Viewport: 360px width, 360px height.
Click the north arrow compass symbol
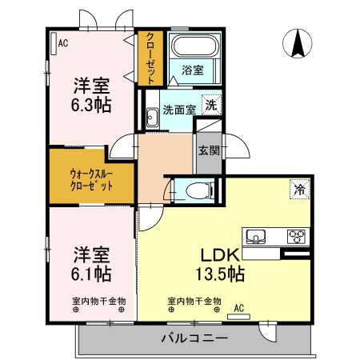click(298, 44)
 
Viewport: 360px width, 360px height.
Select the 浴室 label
click(192, 70)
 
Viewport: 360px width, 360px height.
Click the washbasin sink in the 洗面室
click(151, 118)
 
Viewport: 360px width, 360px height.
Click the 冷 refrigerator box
click(298, 190)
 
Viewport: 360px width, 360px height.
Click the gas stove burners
click(297, 236)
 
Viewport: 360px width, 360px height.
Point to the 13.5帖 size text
click(222, 274)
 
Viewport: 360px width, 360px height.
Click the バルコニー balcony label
click(194, 338)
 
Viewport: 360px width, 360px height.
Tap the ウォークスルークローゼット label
click(90, 178)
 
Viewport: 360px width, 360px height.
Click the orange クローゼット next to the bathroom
click(149, 57)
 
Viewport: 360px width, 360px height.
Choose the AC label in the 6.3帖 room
click(62, 43)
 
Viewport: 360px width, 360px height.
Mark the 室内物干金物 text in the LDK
click(194, 301)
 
